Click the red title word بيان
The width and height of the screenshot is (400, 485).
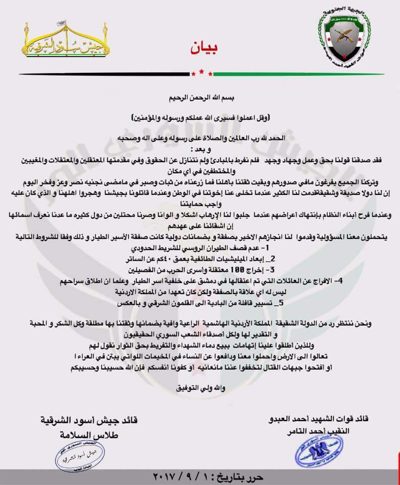200,48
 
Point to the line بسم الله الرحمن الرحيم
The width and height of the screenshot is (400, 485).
199,95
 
